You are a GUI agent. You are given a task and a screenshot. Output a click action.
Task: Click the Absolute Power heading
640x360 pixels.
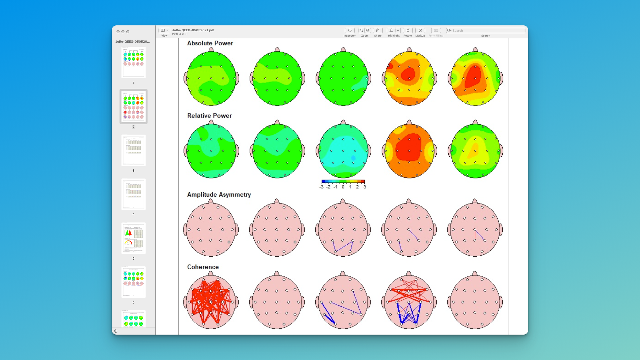coord(210,43)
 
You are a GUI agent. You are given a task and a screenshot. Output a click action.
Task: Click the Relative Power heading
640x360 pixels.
coord(209,116)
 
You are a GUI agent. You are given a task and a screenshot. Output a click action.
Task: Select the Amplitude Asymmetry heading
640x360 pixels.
coord(219,195)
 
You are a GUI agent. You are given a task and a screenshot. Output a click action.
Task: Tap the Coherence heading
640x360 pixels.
coord(203,267)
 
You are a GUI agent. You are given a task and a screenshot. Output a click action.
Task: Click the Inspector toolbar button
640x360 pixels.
coord(350,31)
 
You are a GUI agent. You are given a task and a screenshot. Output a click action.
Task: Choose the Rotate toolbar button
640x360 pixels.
coord(408,31)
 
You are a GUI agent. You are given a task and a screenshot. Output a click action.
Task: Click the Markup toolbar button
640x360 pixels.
coord(420,31)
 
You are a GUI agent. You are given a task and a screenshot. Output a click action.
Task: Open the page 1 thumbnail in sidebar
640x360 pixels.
coord(133,63)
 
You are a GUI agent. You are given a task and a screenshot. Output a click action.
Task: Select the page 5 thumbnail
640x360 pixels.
coord(133,238)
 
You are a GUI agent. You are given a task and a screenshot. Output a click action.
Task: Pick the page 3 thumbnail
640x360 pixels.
coord(133,150)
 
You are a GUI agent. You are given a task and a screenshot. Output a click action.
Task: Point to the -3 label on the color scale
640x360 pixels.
coord(321,187)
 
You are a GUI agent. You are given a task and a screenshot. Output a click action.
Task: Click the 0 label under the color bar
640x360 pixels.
coord(343,187)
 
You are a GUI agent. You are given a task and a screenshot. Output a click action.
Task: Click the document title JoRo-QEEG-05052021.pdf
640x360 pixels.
coord(193,30)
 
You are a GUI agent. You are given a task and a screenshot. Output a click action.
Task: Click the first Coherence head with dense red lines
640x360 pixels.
coord(211,302)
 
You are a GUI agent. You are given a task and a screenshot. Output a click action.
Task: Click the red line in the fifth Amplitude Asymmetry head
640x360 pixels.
coord(475,235)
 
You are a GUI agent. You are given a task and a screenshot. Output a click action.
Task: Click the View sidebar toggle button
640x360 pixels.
coord(163,31)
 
